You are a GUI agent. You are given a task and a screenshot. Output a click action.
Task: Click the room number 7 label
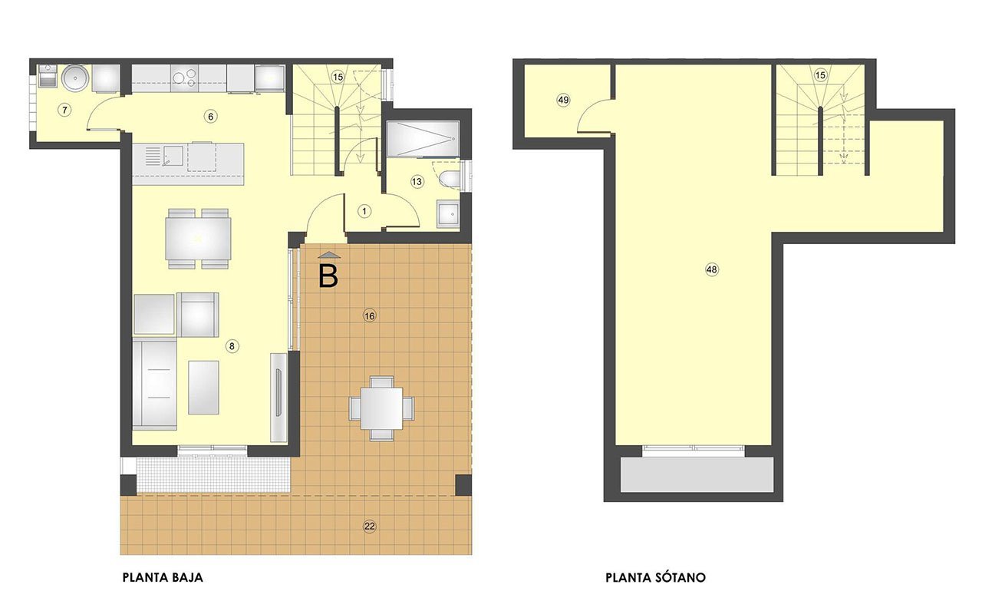(64, 110)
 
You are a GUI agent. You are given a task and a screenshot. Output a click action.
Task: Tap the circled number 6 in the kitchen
(211, 116)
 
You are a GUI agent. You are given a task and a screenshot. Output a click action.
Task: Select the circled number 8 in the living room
(232, 346)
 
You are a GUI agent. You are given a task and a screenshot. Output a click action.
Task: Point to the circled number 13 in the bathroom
(417, 182)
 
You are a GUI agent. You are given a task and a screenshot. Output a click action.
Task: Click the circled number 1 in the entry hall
(364, 211)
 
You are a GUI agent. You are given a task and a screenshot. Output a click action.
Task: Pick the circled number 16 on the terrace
(370, 315)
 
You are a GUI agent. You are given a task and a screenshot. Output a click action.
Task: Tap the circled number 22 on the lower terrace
(370, 526)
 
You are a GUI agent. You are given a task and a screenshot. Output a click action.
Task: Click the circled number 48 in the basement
(711, 269)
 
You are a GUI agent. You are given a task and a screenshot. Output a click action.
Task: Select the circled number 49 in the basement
(563, 100)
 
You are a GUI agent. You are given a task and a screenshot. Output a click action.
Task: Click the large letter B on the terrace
(328, 277)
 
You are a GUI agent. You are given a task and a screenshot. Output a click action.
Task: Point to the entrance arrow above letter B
(329, 255)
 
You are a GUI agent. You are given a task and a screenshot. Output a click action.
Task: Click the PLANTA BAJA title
(163, 577)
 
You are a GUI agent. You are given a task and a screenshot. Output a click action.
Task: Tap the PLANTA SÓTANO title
(655, 577)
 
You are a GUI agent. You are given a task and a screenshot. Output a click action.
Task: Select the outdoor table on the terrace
(382, 409)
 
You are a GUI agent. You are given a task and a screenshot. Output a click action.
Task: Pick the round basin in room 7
(75, 78)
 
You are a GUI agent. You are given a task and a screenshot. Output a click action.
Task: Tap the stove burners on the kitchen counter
(184, 78)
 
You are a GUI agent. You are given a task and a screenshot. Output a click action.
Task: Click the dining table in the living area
(198, 239)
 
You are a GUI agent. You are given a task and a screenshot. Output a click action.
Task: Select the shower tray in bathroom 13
(423, 139)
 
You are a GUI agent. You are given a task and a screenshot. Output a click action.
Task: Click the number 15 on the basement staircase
(820, 75)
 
